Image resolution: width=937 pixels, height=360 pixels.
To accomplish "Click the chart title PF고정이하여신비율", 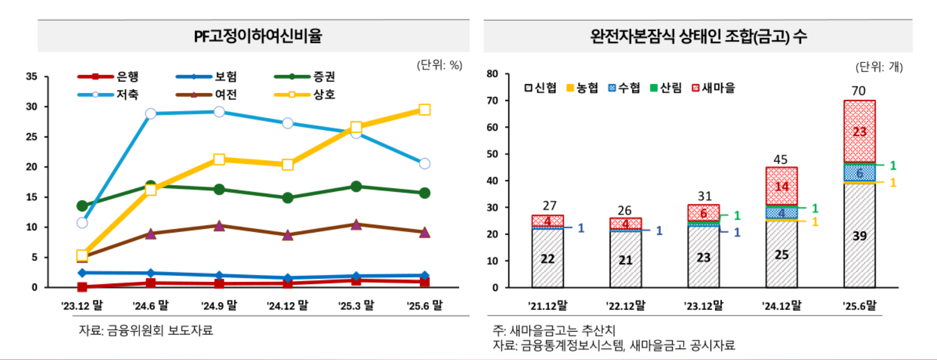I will point(258,36).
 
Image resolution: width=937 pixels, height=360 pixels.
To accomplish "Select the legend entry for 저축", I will point(109,95).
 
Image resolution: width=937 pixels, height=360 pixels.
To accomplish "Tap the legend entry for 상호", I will point(306,95).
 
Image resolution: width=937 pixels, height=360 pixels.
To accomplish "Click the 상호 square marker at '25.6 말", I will point(424,110).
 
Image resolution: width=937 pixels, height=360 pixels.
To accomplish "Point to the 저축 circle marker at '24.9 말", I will point(219,112).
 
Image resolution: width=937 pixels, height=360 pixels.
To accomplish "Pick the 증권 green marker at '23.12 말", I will point(82,206).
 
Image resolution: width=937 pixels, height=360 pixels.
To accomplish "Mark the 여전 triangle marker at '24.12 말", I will point(287,235).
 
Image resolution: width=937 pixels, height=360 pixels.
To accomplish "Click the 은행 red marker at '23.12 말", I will point(82,287).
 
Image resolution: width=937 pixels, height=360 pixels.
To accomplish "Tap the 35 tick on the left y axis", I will point(32,77).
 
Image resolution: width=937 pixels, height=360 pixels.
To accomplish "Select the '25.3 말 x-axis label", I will point(356,306).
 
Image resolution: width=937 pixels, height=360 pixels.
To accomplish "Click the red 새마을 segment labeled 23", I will point(859,131).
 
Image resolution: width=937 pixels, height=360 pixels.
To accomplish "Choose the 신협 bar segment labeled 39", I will point(859,236).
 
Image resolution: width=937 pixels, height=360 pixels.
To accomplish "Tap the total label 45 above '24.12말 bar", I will point(780,160).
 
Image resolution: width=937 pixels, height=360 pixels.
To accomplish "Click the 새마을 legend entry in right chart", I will point(714,88).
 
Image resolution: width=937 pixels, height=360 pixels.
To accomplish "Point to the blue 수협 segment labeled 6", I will point(859,173).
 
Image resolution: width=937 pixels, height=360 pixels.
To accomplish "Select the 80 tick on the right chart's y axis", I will point(492,74).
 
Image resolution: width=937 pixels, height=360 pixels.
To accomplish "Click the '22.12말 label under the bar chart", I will point(625,306).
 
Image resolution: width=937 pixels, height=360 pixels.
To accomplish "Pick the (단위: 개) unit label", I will point(879,67).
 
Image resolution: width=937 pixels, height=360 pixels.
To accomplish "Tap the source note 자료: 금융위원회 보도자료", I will point(146,331).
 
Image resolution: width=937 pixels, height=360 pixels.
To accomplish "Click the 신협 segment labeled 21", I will point(625,260).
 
